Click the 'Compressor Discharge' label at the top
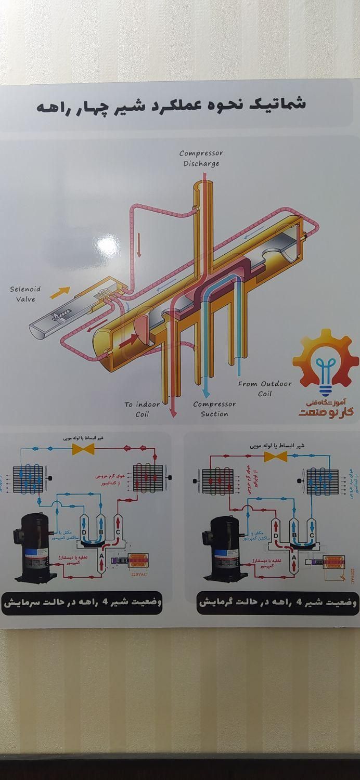click(x=201, y=158)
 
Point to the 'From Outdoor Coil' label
click(x=265, y=388)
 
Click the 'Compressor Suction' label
click(x=214, y=409)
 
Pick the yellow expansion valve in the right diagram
click(x=276, y=456)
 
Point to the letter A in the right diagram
click(x=294, y=557)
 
